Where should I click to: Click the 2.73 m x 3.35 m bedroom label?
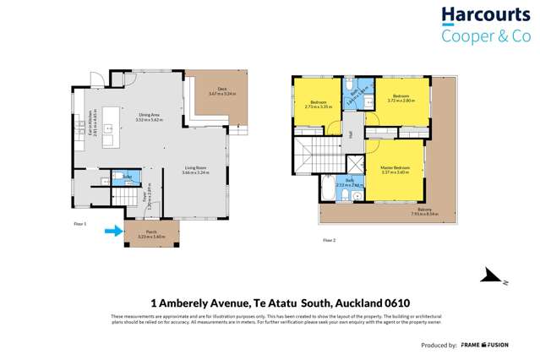pyautogui.click(x=306, y=107)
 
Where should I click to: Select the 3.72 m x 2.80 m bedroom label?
pyautogui.click(x=399, y=99)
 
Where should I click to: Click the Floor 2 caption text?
pyautogui.click(x=329, y=241)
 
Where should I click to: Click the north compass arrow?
pyautogui.click(x=488, y=275)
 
